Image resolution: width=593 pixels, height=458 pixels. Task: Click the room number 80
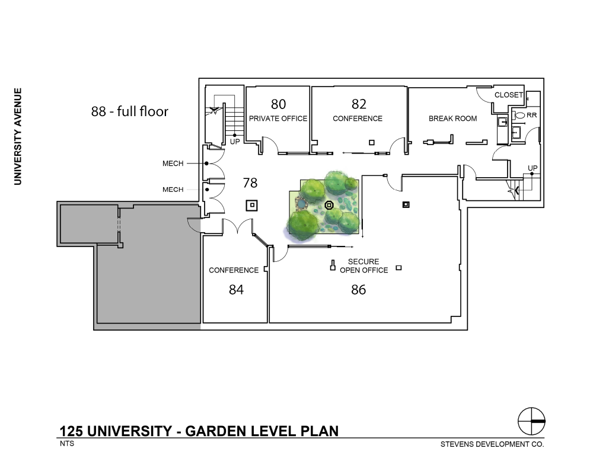[x=278, y=104]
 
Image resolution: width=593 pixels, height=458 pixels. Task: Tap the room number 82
[x=359, y=104]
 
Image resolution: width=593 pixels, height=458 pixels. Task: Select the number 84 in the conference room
[x=236, y=290]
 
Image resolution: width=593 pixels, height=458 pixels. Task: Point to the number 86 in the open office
[x=359, y=290]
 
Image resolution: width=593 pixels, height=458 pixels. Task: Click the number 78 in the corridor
[x=250, y=183]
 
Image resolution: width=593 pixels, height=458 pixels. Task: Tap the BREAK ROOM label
[x=452, y=118]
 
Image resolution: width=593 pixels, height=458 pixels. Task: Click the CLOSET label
[x=509, y=95]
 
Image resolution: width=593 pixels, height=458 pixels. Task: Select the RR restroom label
[x=532, y=115]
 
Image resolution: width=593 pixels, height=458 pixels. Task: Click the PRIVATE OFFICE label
[x=278, y=118]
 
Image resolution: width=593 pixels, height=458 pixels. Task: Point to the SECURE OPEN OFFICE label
[x=364, y=265]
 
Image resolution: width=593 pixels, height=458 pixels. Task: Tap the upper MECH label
[x=173, y=164]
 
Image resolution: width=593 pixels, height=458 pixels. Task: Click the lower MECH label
[x=173, y=190]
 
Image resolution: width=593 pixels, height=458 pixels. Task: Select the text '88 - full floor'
[x=130, y=111]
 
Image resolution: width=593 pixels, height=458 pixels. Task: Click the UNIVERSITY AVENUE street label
[x=18, y=136]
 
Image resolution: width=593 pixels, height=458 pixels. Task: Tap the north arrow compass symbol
[x=531, y=421]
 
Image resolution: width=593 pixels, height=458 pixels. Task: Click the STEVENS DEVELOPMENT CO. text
[x=492, y=444]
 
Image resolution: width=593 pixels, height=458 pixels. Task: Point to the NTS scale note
[x=67, y=443]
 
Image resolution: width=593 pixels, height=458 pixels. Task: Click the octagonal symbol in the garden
[x=329, y=205]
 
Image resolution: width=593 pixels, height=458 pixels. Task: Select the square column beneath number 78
[x=252, y=206]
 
